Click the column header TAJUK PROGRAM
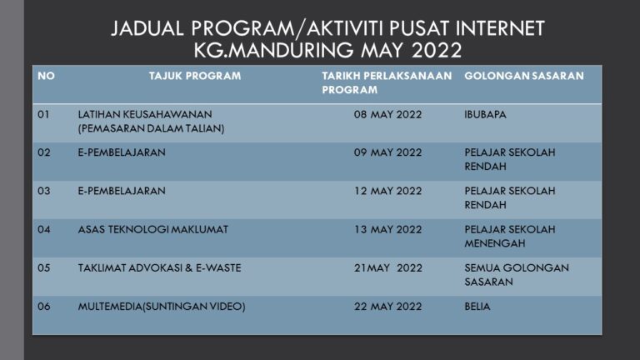195,76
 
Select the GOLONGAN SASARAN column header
523,76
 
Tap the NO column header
47,76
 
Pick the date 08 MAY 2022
387,114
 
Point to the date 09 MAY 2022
387,152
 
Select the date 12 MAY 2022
387,191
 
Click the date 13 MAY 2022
387,229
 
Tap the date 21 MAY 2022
387,267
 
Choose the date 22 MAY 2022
387,306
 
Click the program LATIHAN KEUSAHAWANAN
145,114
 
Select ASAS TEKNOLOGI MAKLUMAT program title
152,229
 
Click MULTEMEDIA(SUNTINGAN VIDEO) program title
162,306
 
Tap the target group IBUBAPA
485,114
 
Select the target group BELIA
477,306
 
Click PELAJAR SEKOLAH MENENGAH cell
509,236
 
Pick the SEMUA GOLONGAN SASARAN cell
516,274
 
